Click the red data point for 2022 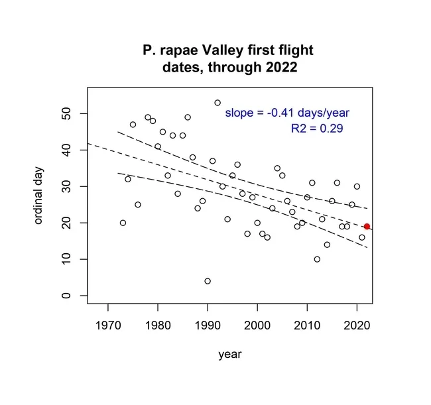[367, 227]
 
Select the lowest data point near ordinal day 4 [208, 281]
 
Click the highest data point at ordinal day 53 [217, 103]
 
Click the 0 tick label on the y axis [65, 296]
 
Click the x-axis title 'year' [230, 355]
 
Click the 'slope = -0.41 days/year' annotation [287, 113]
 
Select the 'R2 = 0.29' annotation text [317, 129]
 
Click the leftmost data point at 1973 [123, 223]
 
